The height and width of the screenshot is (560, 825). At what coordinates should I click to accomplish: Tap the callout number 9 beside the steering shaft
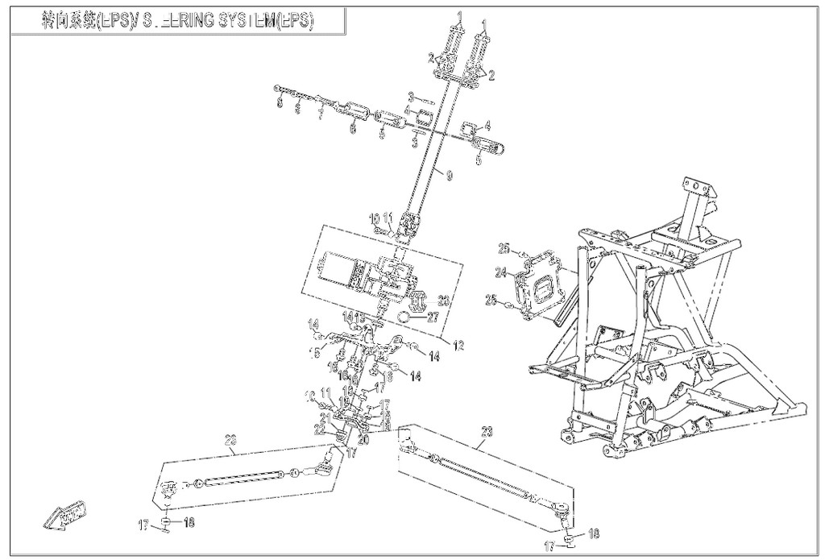point(449,173)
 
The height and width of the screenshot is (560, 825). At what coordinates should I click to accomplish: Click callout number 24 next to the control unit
point(501,273)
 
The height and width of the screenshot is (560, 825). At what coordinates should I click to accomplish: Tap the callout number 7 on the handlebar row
point(320,115)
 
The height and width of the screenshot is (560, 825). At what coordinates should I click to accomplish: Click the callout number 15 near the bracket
point(315,351)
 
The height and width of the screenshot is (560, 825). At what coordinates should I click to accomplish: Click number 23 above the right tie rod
point(486,432)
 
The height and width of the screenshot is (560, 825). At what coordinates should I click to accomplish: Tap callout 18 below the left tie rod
point(189,522)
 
